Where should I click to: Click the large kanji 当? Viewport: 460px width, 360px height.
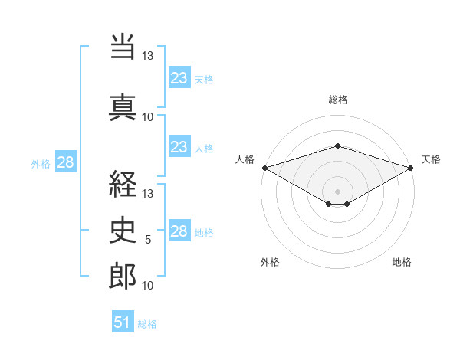click(123, 46)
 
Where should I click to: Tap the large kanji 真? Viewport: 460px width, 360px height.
click(123, 107)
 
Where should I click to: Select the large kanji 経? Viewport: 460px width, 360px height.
click(123, 184)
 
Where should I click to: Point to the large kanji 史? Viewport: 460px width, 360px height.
click(123, 230)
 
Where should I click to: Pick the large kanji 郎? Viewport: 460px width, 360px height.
click(123, 276)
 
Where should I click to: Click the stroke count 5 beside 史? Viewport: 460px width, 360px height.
click(148, 240)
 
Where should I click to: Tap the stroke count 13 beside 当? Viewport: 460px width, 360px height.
click(147, 55)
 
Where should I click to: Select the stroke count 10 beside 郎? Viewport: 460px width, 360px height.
click(147, 285)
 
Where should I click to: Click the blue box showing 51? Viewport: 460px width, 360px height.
click(123, 321)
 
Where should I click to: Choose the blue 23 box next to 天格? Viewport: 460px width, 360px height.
click(179, 77)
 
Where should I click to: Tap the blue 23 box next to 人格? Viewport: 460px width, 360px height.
click(179, 146)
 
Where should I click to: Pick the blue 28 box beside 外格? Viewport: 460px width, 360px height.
click(66, 162)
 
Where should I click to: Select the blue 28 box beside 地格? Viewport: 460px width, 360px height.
click(179, 230)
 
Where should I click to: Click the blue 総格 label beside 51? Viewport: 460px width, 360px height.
click(147, 324)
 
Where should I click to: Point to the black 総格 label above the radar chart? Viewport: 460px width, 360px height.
click(338, 100)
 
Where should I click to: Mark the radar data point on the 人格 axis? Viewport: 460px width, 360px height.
click(265, 168)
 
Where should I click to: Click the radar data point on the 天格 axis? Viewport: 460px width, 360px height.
click(411, 168)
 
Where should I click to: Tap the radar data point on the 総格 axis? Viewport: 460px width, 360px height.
click(338, 146)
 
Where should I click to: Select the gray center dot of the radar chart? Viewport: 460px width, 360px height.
click(337, 191)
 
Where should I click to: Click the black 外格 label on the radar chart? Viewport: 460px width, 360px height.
click(270, 262)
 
